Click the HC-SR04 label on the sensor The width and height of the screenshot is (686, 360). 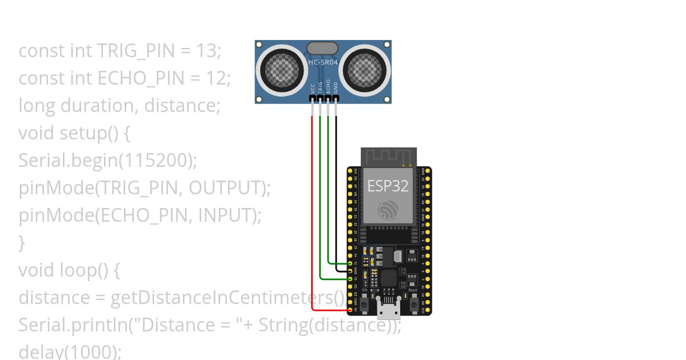pos(323,62)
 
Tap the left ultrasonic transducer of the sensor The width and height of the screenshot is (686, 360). pos(282,70)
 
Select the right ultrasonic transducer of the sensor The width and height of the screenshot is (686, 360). pos(364,70)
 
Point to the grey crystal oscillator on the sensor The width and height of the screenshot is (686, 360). pos(323,48)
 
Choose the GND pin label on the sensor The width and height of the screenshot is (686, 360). pos(336,88)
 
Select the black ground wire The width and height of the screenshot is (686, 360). pos(336,189)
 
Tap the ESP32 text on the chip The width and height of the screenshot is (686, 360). pos(388,186)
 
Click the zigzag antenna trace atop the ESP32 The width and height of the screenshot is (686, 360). pos(388,156)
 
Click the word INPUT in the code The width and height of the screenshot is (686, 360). pos(225,215)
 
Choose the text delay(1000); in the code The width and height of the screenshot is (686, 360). pos(70,351)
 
